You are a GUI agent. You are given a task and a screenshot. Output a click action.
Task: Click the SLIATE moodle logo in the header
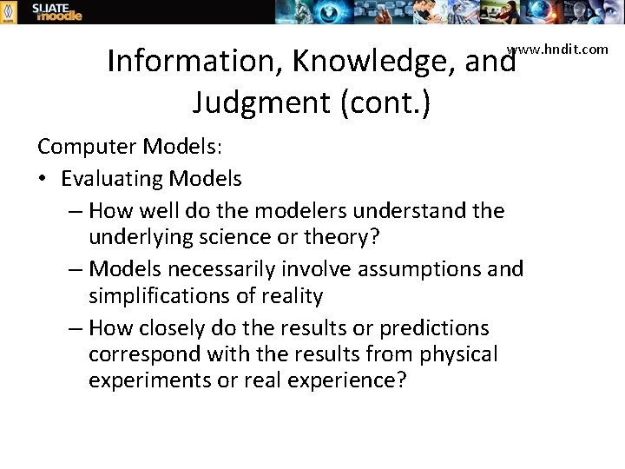pos(57,12)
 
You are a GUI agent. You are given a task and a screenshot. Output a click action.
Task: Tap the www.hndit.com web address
pos(558,49)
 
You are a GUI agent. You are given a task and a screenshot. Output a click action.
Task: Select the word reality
pos(291,296)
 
